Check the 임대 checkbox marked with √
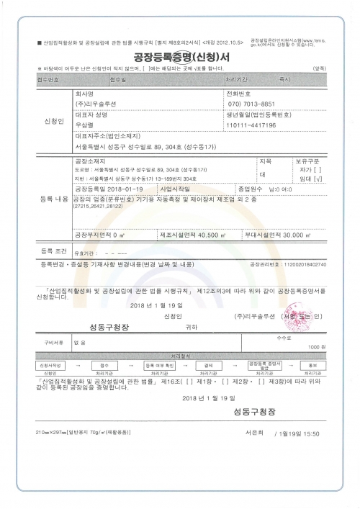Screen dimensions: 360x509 [310, 179]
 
